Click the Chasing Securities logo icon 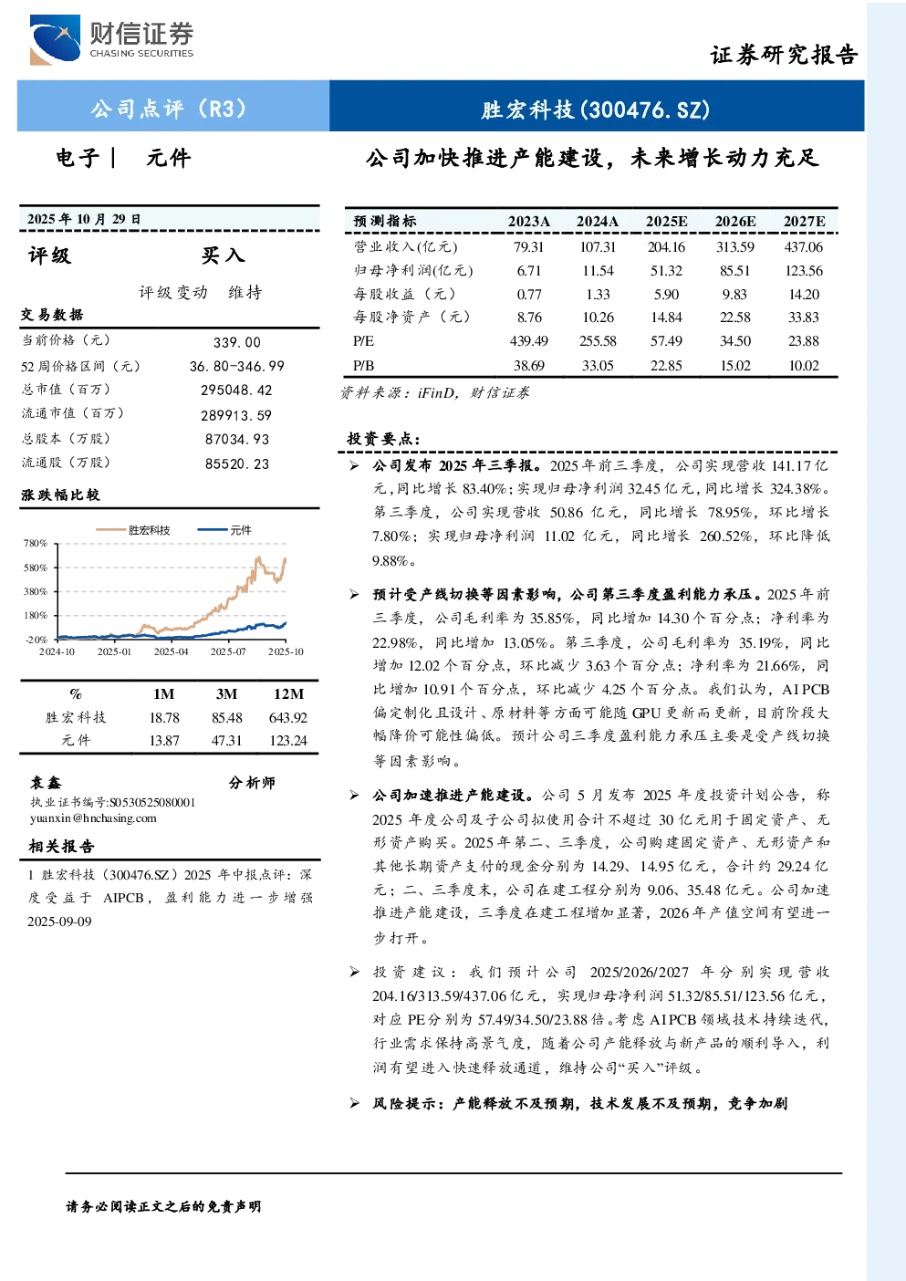[56, 39]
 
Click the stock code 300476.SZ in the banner [645, 109]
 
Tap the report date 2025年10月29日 [84, 219]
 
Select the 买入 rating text [223, 255]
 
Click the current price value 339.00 [237, 342]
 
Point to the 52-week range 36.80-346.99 [237, 366]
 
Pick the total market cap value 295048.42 [236, 390]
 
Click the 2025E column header [666, 222]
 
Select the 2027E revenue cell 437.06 [804, 247]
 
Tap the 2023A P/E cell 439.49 [528, 341]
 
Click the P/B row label [364, 366]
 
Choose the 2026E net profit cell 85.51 [735, 270]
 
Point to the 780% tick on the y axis [36, 543]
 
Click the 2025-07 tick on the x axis [228, 651]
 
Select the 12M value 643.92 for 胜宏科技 [288, 718]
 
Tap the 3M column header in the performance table [226, 693]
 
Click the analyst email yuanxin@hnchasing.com [93, 818]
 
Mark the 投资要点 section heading [384, 439]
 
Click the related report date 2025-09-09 [59, 922]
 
